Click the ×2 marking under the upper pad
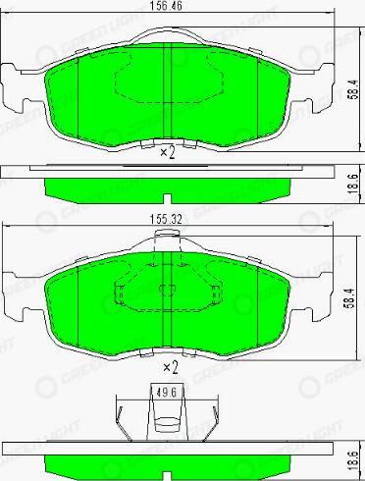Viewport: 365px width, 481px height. tap(166, 152)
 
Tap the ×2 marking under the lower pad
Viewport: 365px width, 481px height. tap(170, 367)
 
